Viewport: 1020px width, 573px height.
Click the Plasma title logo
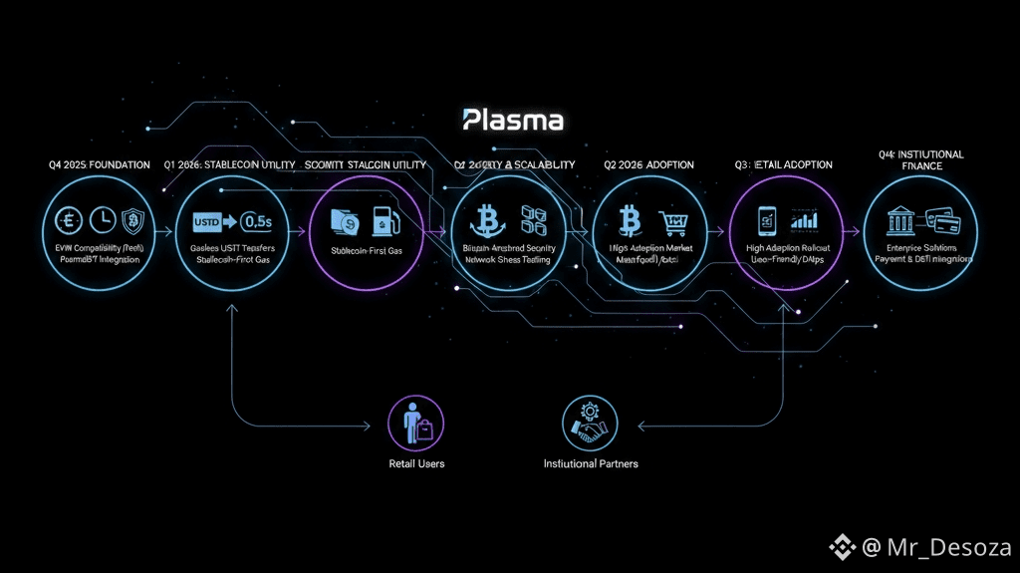click(514, 121)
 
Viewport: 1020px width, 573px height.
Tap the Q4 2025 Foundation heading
click(99, 164)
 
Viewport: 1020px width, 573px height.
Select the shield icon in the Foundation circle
click(132, 219)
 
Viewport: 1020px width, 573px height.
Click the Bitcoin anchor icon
click(489, 219)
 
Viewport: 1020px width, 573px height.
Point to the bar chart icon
click(805, 219)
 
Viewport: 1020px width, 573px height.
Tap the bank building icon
click(902, 218)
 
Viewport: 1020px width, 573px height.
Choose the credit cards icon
click(941, 218)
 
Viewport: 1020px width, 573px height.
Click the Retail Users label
click(416, 463)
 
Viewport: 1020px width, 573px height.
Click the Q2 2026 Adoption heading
click(648, 164)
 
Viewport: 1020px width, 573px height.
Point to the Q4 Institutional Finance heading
click(921, 160)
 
